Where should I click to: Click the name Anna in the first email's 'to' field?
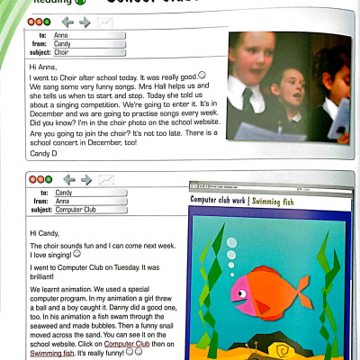pos(59,35)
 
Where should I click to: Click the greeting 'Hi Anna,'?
pos(43,67)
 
